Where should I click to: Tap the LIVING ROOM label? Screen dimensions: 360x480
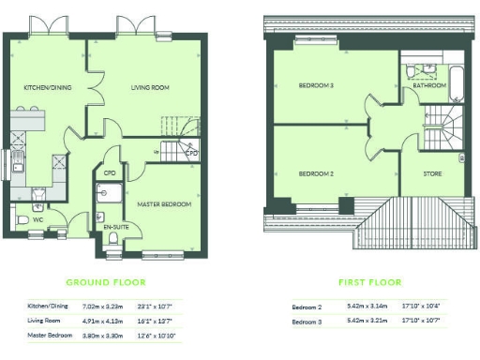[149, 88]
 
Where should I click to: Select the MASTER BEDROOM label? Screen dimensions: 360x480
[164, 204]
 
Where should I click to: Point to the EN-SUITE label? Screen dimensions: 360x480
[115, 227]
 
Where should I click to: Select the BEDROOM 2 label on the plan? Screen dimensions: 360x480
[317, 173]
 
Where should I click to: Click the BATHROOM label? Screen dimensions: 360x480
[429, 85]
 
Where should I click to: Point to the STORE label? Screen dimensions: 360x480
[432, 173]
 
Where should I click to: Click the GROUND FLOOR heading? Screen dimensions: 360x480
[102, 281]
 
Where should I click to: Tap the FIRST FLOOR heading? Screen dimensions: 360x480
[369, 281]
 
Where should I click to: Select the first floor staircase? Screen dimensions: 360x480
[442, 122]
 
